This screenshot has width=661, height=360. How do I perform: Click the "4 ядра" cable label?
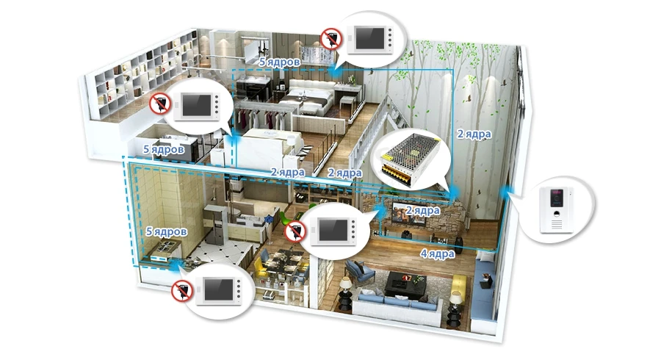[437, 253]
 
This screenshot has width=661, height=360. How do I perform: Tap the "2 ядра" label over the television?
[422, 210]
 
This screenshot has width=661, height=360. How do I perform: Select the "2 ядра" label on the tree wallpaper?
[474, 134]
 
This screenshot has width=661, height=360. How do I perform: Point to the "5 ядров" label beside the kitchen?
[167, 231]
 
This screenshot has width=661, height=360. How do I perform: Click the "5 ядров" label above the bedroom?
[280, 62]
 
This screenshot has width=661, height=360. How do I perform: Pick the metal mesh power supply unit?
[410, 159]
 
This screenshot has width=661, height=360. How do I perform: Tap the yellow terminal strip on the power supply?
[395, 173]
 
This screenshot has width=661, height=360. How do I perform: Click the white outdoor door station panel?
[556, 209]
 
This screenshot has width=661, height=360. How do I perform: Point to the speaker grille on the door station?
[557, 225]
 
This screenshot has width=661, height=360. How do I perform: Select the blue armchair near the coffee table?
[360, 272]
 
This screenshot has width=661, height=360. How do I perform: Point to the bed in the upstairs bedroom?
[306, 99]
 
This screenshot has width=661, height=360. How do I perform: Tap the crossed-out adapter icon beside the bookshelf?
[160, 104]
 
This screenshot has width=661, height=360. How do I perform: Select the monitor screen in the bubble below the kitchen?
[218, 289]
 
